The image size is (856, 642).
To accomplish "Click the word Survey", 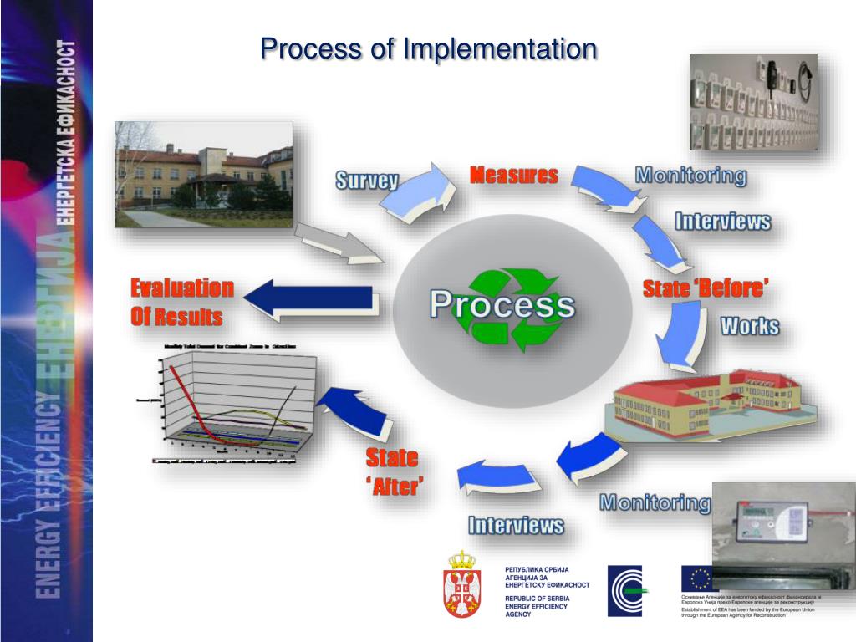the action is click(x=366, y=181).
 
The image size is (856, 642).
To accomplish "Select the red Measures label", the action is click(x=513, y=176).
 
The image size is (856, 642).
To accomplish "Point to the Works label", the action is click(x=750, y=325).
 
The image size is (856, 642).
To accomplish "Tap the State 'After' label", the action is click(x=392, y=471).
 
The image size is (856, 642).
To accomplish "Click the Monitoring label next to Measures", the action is click(x=690, y=176).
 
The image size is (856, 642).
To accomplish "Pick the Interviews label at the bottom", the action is click(x=515, y=525).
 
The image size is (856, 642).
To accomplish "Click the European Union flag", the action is click(x=700, y=578).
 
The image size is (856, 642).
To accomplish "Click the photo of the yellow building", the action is click(x=204, y=174).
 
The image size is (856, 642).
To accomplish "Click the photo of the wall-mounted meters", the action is click(x=753, y=102).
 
